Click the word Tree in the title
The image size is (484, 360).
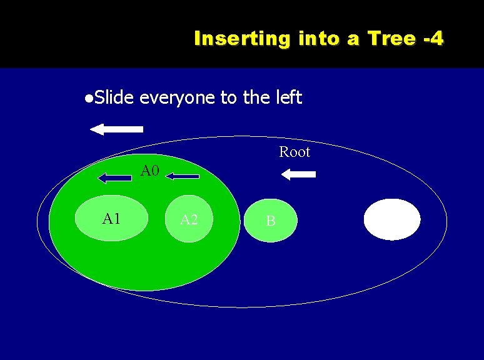pyautogui.click(x=391, y=39)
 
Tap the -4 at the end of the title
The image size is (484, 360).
pyautogui.click(x=433, y=39)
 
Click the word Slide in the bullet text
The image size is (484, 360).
pyautogui.click(x=115, y=97)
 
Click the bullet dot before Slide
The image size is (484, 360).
pyautogui.click(x=90, y=98)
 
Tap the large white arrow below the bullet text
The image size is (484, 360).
pyautogui.click(x=117, y=129)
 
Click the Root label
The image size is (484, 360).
pyautogui.click(x=294, y=152)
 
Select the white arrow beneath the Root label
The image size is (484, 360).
pyautogui.click(x=298, y=175)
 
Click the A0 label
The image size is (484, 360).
pyautogui.click(x=150, y=171)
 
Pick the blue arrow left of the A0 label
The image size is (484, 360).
pyautogui.click(x=115, y=178)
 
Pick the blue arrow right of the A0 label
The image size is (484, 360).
pyautogui.click(x=182, y=177)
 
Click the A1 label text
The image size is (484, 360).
pyautogui.click(x=111, y=218)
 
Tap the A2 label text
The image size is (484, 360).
pyautogui.click(x=189, y=219)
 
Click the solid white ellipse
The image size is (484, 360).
pyautogui.click(x=392, y=219)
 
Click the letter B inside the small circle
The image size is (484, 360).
pyautogui.click(x=271, y=221)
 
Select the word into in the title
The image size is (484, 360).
pyautogui.click(x=319, y=39)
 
